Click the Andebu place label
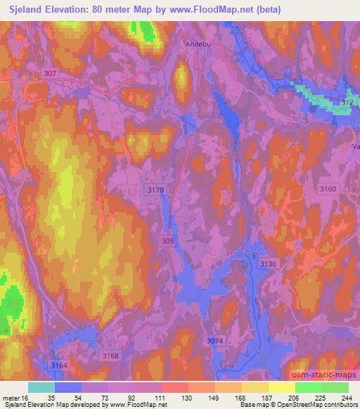[x=198, y=44]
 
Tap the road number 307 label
[x=49, y=73]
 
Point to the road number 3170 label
[x=155, y=190]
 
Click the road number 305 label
[x=167, y=240]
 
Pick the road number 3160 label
[x=328, y=188]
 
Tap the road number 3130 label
[x=269, y=262]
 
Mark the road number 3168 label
[x=110, y=356]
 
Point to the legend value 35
[x=68, y=397]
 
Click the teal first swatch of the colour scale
[x=41, y=387]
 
